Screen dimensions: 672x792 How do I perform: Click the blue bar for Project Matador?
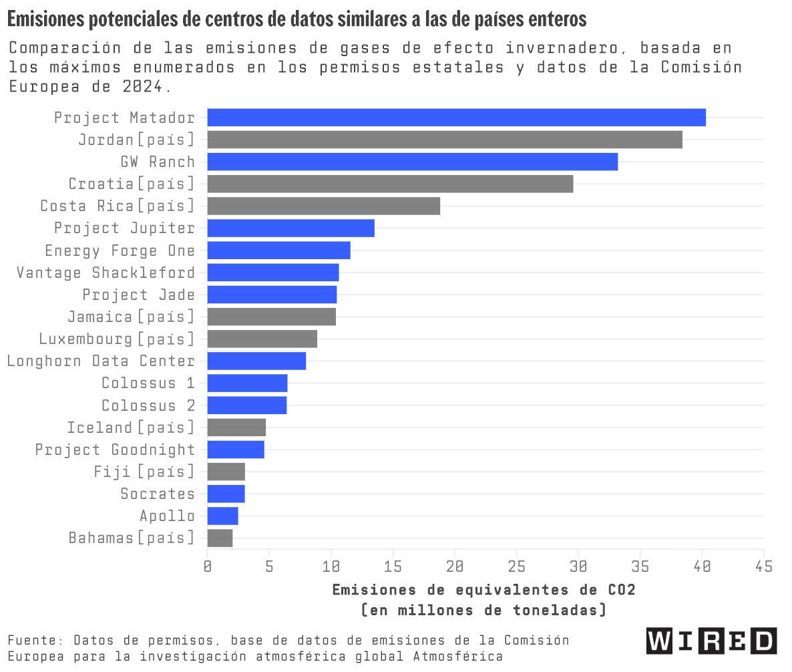(456, 118)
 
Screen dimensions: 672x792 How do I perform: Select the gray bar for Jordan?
(445, 140)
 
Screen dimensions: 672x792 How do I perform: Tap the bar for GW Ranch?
(412, 162)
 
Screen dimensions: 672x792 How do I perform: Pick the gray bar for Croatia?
(390, 184)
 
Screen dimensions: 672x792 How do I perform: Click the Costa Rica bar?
(324, 206)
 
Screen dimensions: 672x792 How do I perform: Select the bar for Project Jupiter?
(290, 228)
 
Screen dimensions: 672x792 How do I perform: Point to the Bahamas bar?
(220, 538)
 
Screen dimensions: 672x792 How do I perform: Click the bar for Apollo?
(222, 516)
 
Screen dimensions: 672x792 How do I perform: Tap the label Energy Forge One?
(120, 250)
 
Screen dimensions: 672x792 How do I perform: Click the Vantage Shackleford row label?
(106, 273)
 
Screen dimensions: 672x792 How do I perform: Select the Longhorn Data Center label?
(101, 361)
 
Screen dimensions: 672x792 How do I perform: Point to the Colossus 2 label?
(148, 405)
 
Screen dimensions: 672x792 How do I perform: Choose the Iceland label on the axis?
(131, 428)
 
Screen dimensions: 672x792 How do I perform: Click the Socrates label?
(158, 494)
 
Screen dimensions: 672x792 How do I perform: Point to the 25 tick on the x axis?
(516, 566)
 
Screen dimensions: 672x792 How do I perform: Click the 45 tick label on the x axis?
(763, 566)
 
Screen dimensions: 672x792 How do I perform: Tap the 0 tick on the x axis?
(208, 566)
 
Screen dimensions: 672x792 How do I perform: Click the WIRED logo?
(711, 641)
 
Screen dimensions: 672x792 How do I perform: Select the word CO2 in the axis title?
(621, 590)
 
